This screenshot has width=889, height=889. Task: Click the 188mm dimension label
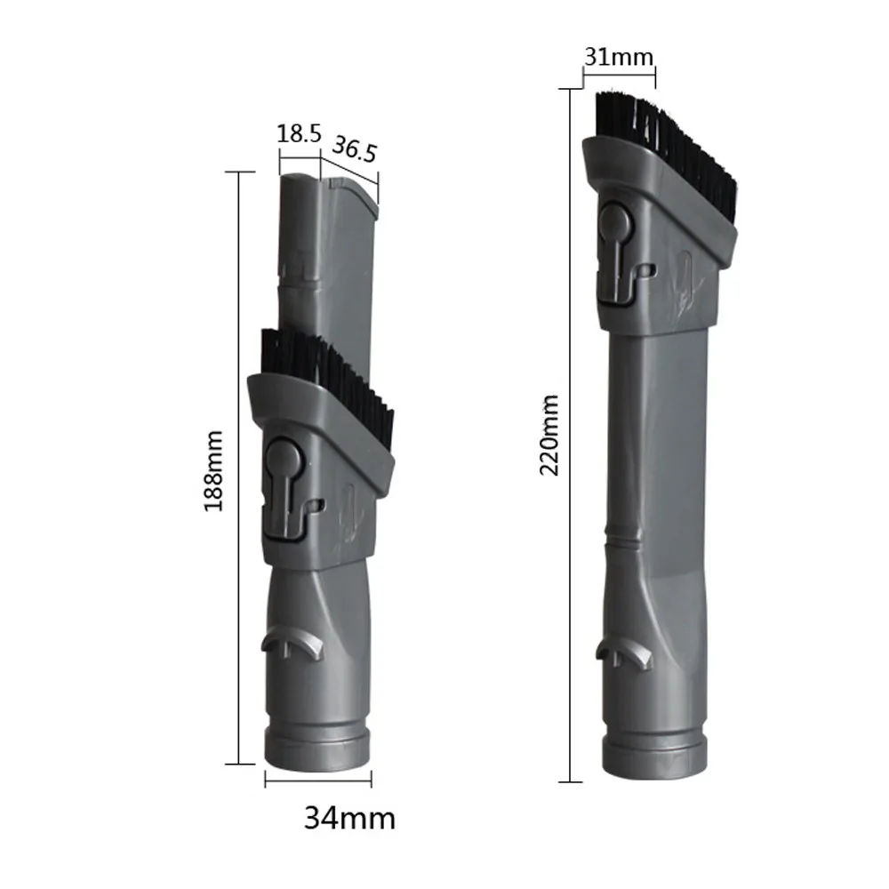coord(214,469)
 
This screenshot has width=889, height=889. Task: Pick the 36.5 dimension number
coord(355,149)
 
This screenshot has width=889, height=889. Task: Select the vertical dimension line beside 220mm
coord(569,436)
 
